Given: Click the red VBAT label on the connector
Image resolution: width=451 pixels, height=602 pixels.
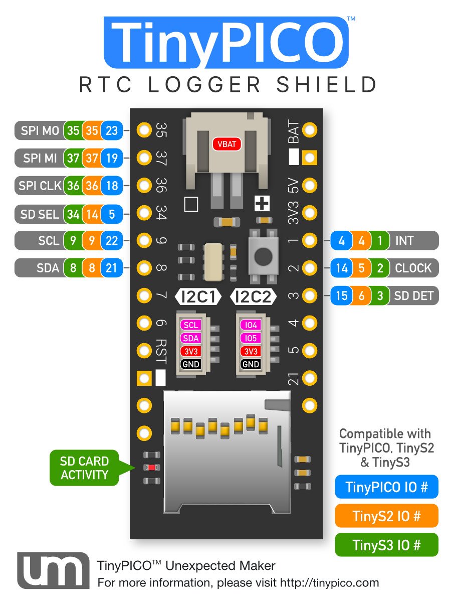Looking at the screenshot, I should click(226, 144).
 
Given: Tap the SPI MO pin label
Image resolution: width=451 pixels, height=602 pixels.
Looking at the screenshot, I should click(40, 131).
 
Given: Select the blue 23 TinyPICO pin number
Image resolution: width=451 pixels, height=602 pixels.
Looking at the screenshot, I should click(112, 131).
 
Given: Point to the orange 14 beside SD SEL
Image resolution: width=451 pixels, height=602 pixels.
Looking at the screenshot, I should click(92, 214).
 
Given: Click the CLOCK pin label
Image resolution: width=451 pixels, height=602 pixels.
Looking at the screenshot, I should click(413, 268).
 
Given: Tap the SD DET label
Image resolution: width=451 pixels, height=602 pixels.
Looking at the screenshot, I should click(413, 295).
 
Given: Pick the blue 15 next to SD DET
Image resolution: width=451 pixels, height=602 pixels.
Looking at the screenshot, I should click(341, 295).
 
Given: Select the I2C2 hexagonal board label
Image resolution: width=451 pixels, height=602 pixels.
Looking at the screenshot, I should click(253, 297).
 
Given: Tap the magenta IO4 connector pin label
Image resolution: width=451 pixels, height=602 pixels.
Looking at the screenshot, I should click(250, 325).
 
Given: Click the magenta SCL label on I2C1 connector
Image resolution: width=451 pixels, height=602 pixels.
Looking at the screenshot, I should click(191, 325).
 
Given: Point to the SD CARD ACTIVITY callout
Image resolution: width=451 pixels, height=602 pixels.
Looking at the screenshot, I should click(84, 468).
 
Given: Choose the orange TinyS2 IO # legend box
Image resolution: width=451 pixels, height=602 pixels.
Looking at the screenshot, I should click(386, 516).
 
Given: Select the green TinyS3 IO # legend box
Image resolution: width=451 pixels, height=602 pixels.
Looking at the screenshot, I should click(386, 545).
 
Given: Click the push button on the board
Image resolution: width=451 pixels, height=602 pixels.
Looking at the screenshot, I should click(263, 255).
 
